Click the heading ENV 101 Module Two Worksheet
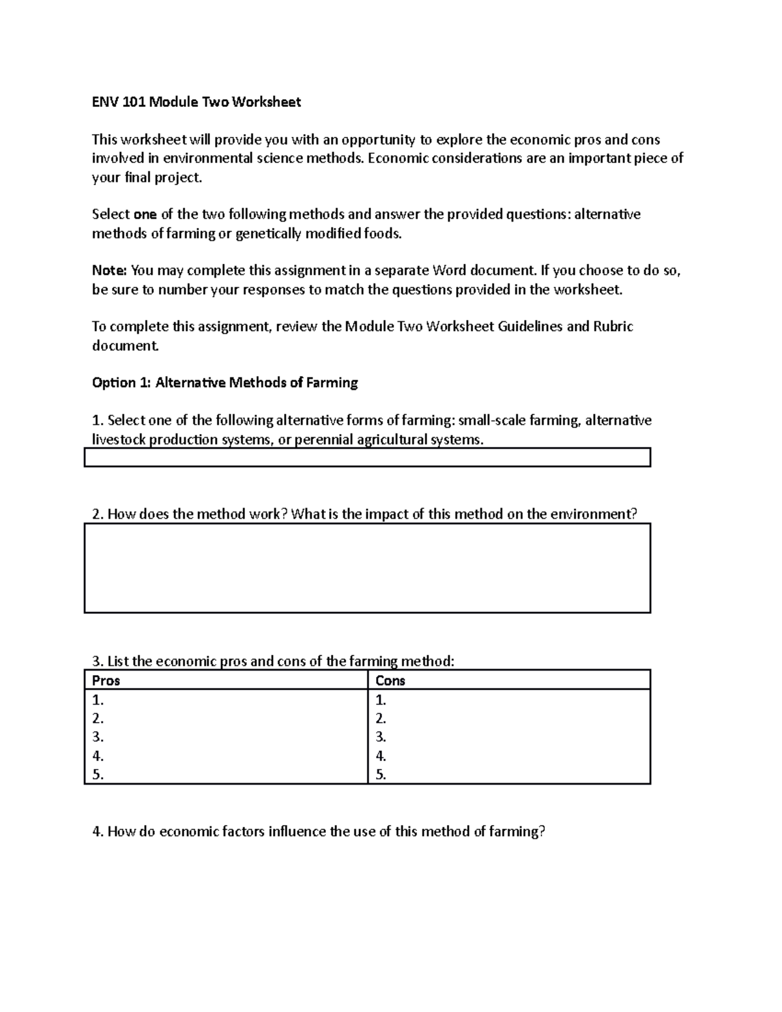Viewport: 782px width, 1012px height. tap(196, 102)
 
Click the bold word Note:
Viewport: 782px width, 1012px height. tap(110, 270)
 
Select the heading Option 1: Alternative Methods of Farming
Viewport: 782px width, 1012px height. tap(225, 383)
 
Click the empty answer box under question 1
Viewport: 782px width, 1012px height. tap(367, 457)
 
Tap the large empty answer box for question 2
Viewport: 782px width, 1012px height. tap(367, 568)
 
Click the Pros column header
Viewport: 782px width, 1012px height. tap(106, 680)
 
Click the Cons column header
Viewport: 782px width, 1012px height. tap(390, 680)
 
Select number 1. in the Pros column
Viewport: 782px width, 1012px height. tap(98, 701)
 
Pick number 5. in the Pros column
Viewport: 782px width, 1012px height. tap(98, 775)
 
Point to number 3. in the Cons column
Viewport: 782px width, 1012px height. tap(381, 737)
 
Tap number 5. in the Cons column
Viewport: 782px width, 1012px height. tap(381, 775)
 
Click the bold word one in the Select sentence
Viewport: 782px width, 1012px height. tap(145, 214)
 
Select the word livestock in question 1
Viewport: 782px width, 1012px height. tap(119, 440)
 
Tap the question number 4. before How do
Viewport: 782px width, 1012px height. tap(98, 831)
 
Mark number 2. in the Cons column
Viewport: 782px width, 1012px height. tap(381, 719)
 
